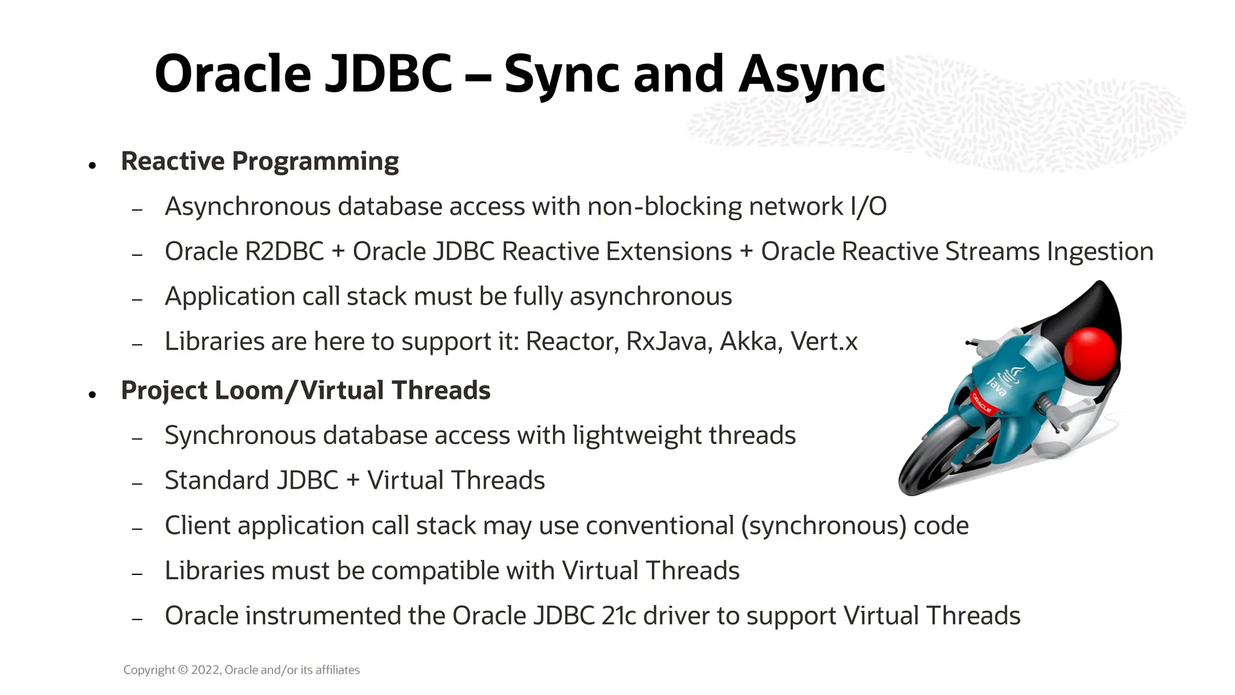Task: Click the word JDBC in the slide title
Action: (x=388, y=75)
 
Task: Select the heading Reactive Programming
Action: (x=260, y=162)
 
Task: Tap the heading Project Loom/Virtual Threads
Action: (x=306, y=391)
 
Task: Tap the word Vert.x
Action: (x=824, y=342)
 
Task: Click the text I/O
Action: (x=868, y=207)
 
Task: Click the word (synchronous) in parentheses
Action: (x=824, y=526)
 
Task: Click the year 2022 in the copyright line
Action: (x=206, y=670)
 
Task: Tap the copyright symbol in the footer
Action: (x=183, y=670)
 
